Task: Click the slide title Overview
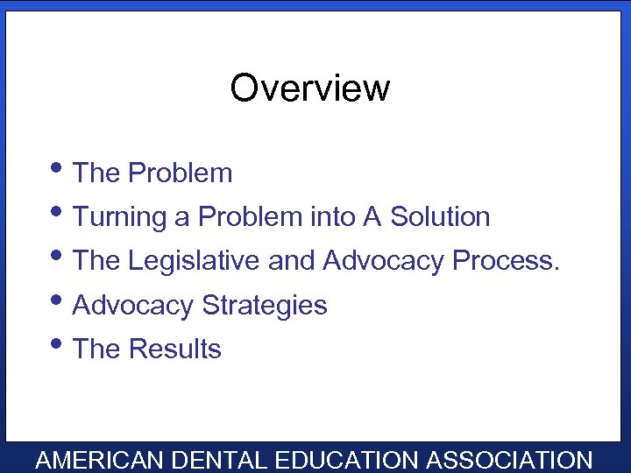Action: (x=309, y=88)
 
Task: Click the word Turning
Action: (x=120, y=217)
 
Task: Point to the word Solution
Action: (x=440, y=216)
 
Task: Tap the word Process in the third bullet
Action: (x=505, y=260)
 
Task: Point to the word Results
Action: (x=174, y=349)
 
